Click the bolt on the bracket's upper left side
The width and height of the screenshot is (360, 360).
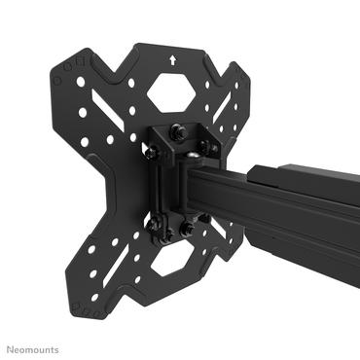[153, 152]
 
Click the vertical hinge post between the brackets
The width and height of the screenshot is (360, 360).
[176, 190]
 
